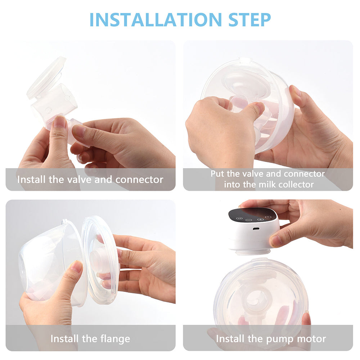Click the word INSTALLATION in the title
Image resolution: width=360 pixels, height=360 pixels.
point(156,20)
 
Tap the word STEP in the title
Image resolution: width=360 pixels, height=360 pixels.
point(249,20)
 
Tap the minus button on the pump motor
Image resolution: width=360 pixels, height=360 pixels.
point(249,220)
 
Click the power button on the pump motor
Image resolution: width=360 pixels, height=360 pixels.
point(268,217)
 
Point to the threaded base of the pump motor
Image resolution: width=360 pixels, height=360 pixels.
point(253,251)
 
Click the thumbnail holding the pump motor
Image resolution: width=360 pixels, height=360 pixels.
point(276,241)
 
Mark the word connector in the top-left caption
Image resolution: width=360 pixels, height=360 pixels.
point(139,180)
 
